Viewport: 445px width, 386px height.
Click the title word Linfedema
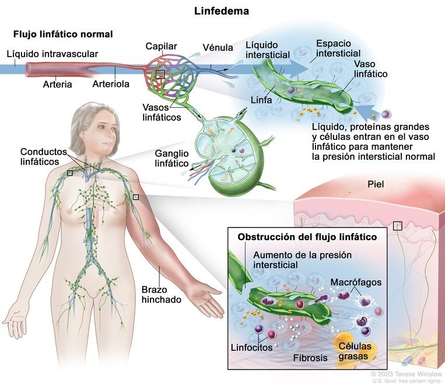point(222,11)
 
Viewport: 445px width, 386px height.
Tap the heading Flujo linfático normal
point(63,34)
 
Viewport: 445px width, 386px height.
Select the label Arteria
point(57,85)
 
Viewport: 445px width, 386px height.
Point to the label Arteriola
point(111,84)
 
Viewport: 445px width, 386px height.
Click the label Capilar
point(161,46)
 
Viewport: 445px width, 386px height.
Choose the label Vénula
point(218,47)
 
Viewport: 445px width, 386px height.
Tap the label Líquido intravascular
point(52,54)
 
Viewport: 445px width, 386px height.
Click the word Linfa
point(261,100)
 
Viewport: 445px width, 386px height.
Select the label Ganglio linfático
point(171,159)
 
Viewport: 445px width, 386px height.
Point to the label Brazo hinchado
point(161,294)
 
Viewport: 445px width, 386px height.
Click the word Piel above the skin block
point(376,184)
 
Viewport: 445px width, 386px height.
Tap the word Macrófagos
point(356,282)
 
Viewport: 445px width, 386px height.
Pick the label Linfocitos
point(251,348)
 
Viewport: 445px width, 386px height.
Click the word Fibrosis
point(310,357)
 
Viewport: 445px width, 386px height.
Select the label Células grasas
point(355,351)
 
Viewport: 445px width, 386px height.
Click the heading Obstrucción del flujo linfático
point(307,237)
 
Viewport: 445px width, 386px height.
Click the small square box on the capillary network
point(160,75)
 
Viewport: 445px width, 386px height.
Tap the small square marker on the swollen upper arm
point(136,196)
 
